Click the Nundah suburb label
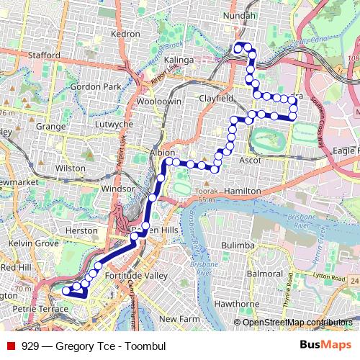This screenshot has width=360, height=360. (x=240, y=14)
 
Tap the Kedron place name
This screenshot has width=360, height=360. (x=125, y=34)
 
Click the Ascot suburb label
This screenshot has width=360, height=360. (x=251, y=160)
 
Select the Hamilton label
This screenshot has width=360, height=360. (x=242, y=190)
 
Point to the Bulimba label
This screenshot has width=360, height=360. (x=238, y=246)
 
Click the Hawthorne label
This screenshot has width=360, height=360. (x=231, y=304)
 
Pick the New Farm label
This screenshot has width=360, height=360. (x=178, y=318)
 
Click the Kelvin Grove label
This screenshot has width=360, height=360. (x=33, y=244)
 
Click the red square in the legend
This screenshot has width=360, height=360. (x=11, y=346)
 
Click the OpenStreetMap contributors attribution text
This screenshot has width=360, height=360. (x=297, y=323)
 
